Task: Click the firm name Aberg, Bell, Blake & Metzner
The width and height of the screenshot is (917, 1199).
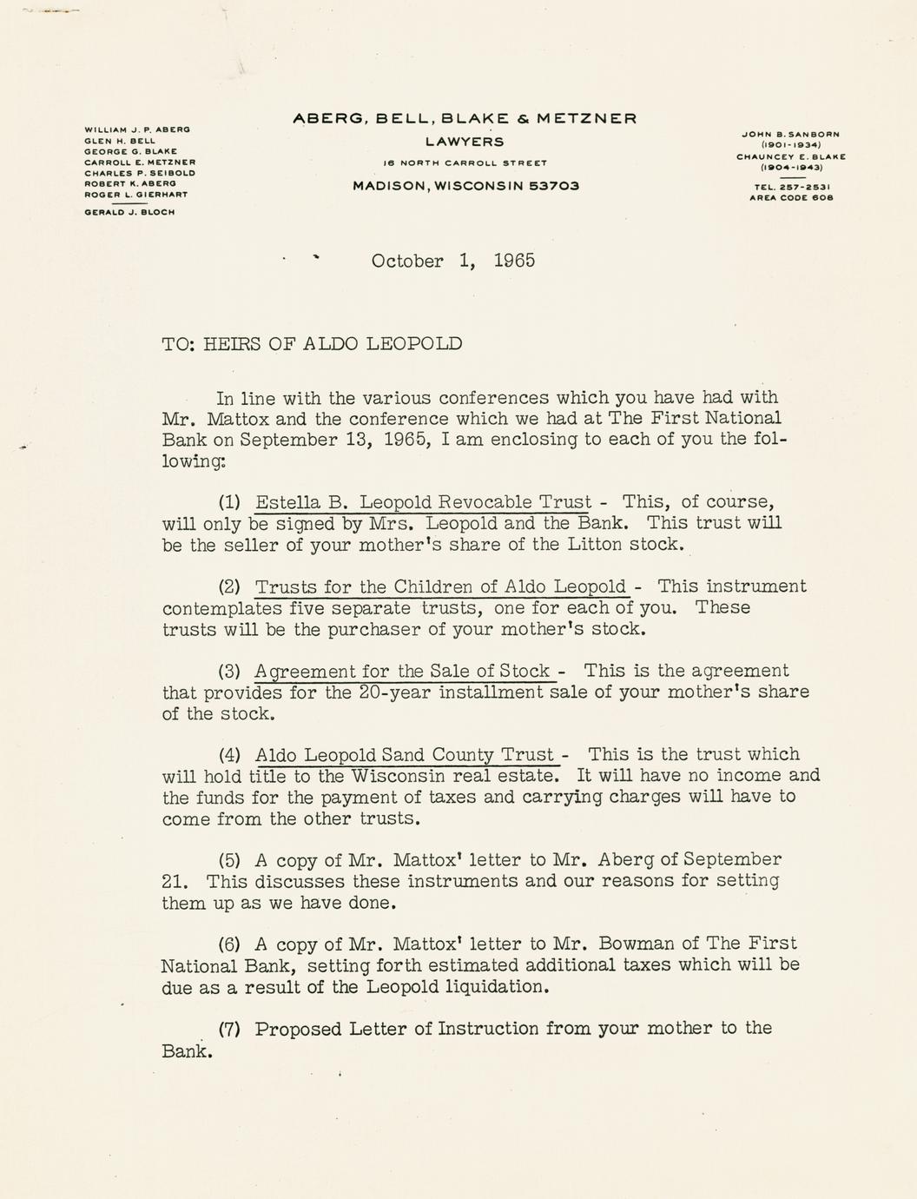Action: pos(465,118)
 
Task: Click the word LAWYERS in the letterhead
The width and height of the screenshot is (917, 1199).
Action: pos(465,142)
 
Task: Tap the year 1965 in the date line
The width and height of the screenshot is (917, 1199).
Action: pos(514,261)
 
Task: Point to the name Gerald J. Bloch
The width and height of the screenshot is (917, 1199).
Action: pos(129,212)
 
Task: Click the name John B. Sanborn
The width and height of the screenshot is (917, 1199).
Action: pos(790,135)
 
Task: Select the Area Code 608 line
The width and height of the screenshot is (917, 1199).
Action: pos(790,198)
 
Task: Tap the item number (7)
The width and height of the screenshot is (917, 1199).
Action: pos(229,1030)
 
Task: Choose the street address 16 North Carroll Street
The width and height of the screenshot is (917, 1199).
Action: pos(465,163)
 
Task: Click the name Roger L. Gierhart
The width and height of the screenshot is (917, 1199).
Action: pos(135,195)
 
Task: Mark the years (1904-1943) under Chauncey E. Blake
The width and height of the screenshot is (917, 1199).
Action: pos(790,168)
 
